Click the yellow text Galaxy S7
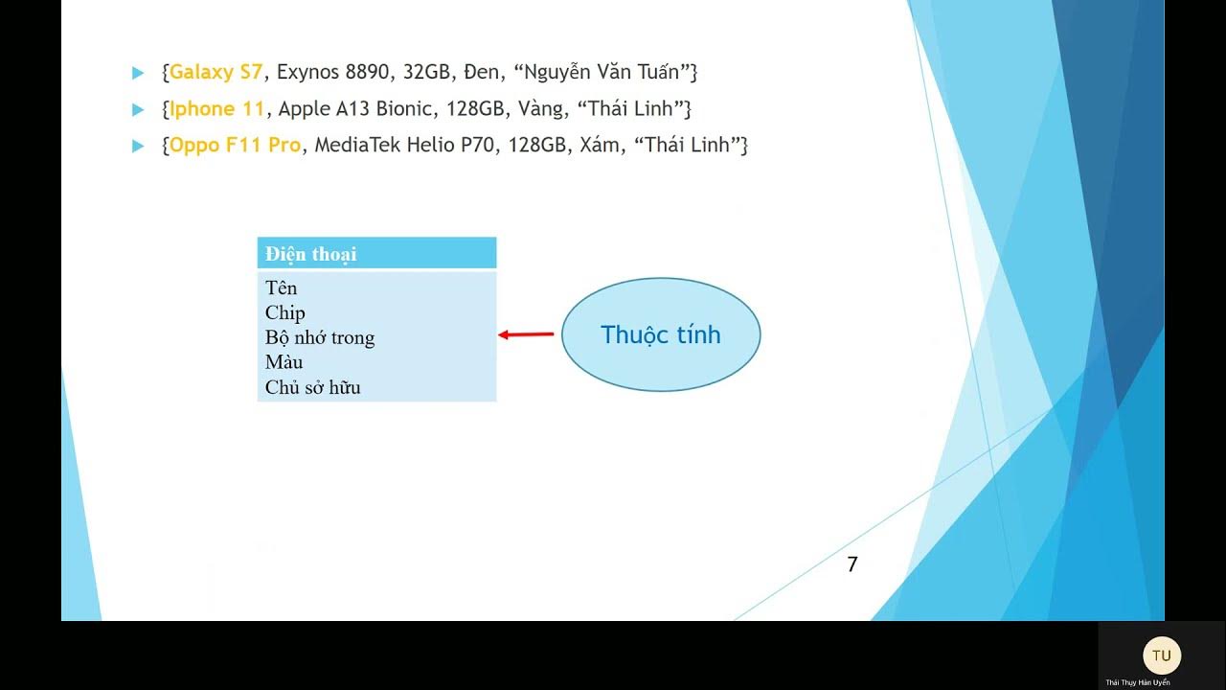point(216,72)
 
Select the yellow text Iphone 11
point(216,109)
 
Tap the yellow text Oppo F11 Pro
point(235,146)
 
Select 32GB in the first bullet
point(426,72)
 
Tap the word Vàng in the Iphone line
point(540,109)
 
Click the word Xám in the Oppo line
point(600,146)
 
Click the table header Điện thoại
point(311,254)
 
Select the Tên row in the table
point(282,288)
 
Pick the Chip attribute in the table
point(285,313)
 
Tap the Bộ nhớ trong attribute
point(320,338)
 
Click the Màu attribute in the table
point(284,362)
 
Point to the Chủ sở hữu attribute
point(313,388)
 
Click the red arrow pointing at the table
point(527,334)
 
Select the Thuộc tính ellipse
point(660,334)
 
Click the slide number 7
point(852,565)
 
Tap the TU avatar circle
point(1162,655)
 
